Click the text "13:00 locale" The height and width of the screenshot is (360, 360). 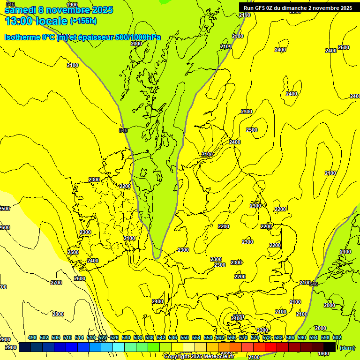click(36, 21)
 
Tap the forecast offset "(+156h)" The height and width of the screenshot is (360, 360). click(83, 21)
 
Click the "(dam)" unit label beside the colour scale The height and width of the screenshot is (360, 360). click(347, 348)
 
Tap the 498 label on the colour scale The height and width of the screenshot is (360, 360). click(32, 337)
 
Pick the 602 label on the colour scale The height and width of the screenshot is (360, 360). click(337, 337)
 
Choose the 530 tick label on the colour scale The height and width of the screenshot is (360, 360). click(126, 337)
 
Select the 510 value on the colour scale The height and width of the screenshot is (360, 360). click(67, 337)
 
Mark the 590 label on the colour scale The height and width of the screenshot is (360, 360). click(302, 337)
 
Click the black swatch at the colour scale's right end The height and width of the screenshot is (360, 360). click(330, 347)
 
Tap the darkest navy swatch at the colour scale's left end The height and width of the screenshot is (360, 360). click(25, 347)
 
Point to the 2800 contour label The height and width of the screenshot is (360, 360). click(58, 314)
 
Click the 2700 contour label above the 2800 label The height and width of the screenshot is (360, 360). click(56, 283)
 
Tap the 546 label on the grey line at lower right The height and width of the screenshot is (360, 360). click(314, 284)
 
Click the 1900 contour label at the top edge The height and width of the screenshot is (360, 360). click(72, 5)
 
